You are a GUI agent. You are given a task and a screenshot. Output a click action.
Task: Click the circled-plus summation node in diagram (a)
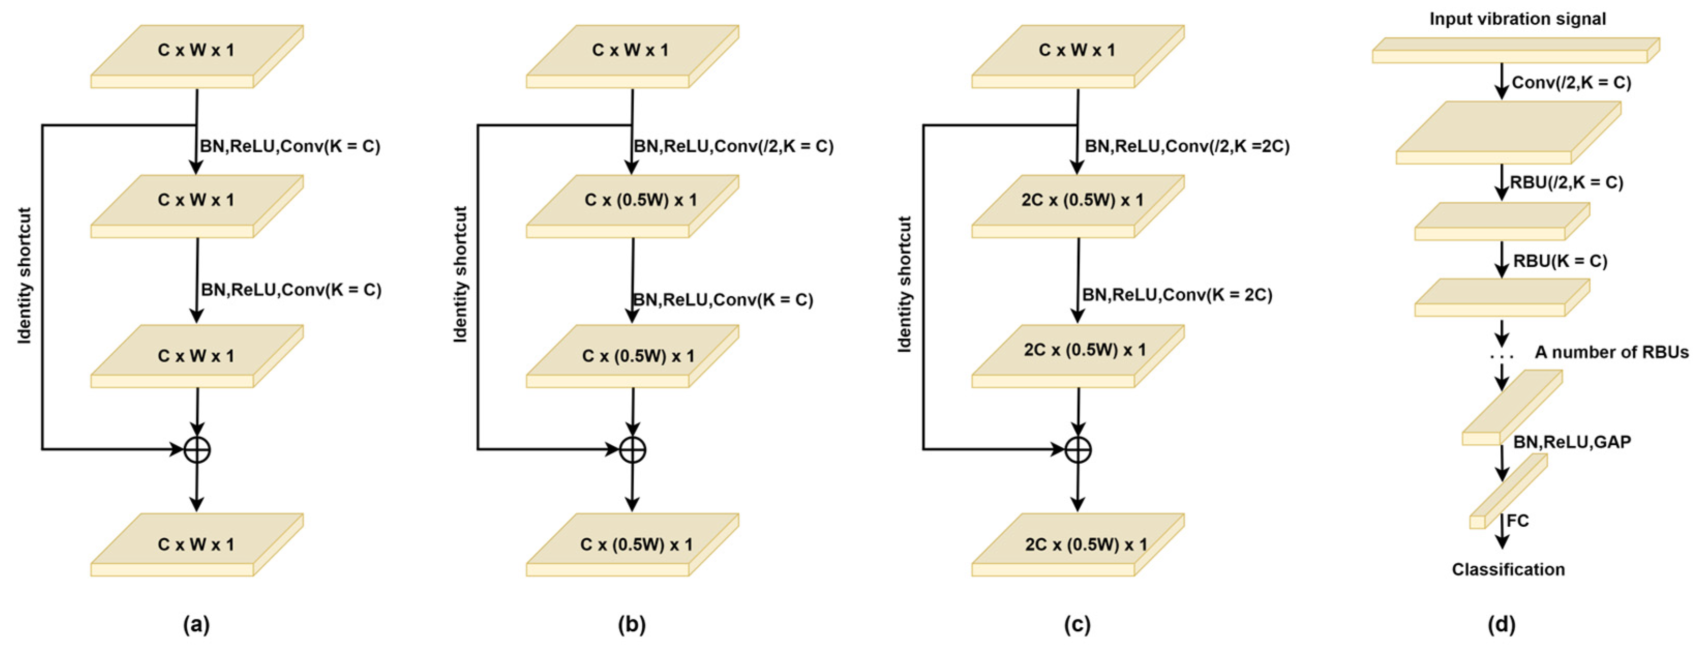[x=197, y=450]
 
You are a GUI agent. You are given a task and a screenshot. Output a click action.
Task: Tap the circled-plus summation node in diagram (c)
[x=1078, y=450]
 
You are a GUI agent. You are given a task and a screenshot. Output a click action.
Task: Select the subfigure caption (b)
[x=631, y=625]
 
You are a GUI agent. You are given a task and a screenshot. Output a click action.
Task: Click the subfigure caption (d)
[x=1501, y=625]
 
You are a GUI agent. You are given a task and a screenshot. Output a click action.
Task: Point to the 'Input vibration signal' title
[x=1518, y=19]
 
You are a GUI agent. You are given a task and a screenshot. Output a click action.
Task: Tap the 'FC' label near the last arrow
[x=1518, y=521]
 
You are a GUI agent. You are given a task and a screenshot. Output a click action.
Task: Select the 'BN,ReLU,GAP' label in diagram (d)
[x=1572, y=442]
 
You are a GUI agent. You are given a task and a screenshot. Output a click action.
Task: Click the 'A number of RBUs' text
[x=1611, y=352]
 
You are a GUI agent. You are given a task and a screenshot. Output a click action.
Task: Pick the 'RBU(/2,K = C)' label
[x=1566, y=183]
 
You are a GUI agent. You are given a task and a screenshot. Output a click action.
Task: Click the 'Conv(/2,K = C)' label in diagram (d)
[x=1571, y=83]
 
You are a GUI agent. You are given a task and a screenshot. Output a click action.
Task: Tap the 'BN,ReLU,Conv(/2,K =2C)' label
[x=1187, y=146]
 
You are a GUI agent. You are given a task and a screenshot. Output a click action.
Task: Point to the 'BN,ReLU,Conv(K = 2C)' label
[x=1177, y=295]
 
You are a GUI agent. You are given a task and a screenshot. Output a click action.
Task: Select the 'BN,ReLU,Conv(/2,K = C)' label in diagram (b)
[x=733, y=146]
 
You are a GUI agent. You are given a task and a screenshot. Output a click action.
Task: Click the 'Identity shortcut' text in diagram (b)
[x=460, y=274]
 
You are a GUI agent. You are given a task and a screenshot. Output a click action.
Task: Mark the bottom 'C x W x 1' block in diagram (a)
[x=196, y=544]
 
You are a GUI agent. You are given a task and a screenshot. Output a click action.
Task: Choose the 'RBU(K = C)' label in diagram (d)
[x=1560, y=261]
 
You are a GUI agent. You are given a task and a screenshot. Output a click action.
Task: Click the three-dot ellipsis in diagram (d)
[x=1502, y=357]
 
